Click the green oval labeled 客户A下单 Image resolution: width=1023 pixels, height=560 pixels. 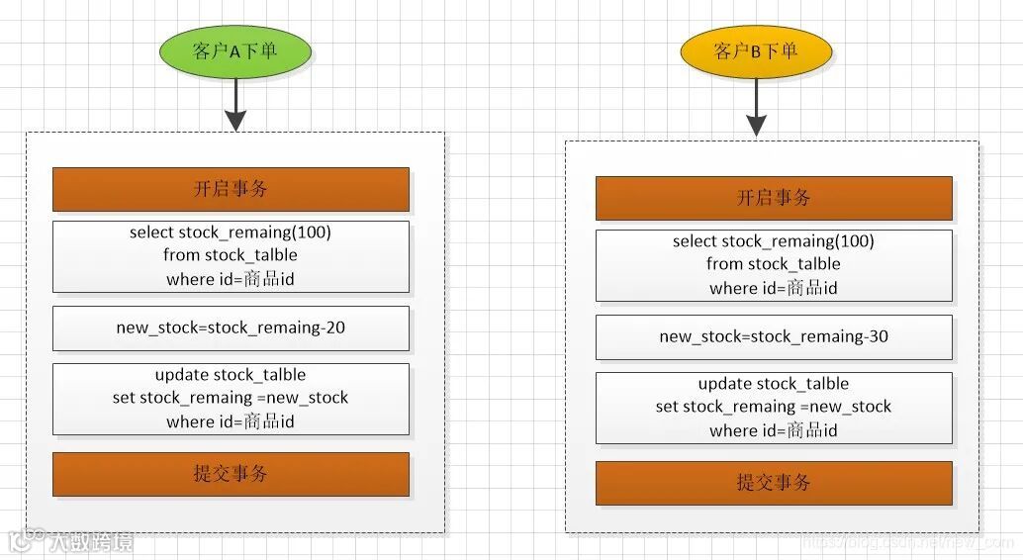pyautogui.click(x=233, y=51)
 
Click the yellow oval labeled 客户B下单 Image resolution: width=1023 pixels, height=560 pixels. pyautogui.click(x=755, y=50)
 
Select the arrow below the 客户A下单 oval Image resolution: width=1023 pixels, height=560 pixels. pyautogui.click(x=234, y=105)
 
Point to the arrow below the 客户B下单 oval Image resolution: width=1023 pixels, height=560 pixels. pyautogui.click(x=756, y=111)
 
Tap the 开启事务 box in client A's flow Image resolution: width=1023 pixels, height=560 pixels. pyautogui.click(x=231, y=189)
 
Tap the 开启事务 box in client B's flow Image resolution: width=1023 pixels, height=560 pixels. pyautogui.click(x=774, y=198)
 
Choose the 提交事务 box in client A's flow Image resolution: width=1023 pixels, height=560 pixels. pyautogui.click(x=231, y=474)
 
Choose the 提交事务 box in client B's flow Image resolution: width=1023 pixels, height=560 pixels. pyautogui.click(x=774, y=483)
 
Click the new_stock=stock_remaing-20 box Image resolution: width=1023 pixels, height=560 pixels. pyautogui.click(x=231, y=327)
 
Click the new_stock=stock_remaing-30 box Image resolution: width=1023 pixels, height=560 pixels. pyautogui.click(x=774, y=336)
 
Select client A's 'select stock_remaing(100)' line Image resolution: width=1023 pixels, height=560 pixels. pyautogui.click(x=231, y=233)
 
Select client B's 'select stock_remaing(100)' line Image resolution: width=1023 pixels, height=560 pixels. pyautogui.click(x=774, y=241)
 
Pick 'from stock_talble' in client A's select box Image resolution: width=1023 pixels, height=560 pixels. pyautogui.click(x=231, y=255)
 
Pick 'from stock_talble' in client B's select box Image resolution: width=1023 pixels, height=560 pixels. pyautogui.click(x=774, y=264)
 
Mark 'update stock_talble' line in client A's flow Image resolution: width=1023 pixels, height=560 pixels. pyautogui.click(x=231, y=375)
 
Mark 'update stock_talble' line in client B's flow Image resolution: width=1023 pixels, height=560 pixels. pyautogui.click(x=774, y=384)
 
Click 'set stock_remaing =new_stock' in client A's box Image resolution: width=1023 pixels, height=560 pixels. pyautogui.click(x=231, y=398)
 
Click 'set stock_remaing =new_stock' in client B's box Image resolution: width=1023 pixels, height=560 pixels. pyautogui.click(x=774, y=407)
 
